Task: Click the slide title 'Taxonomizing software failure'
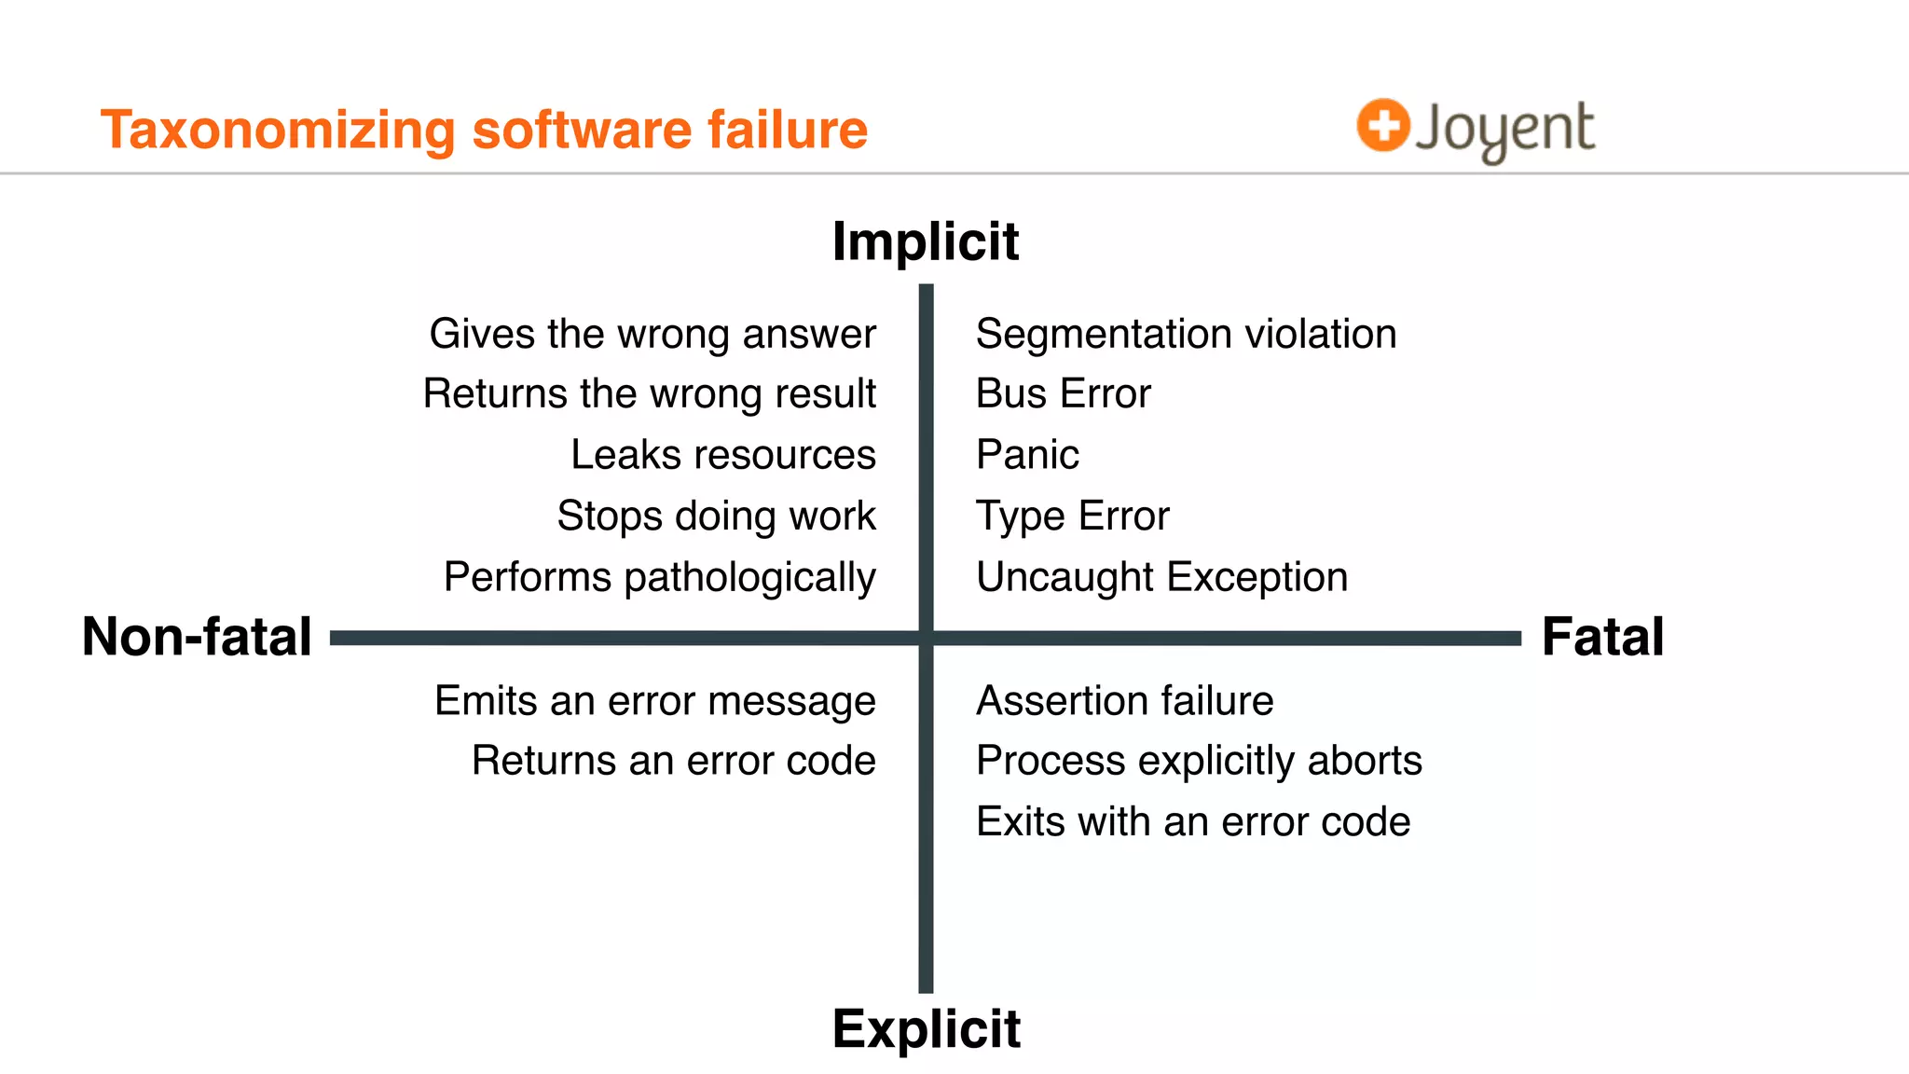click(x=484, y=130)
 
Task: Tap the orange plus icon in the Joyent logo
click(x=1382, y=125)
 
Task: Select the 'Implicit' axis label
click(x=926, y=242)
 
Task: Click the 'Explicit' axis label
click(x=927, y=1029)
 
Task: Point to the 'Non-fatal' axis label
click(x=197, y=637)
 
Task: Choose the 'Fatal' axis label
click(x=1602, y=637)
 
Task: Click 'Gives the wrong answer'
click(x=652, y=334)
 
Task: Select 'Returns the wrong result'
click(x=650, y=393)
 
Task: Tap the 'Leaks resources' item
click(x=723, y=455)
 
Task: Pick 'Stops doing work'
click(x=716, y=516)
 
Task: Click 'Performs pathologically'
click(x=660, y=577)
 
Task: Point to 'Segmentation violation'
click(x=1186, y=334)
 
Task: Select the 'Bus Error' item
click(x=1063, y=393)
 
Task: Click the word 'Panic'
click(x=1027, y=455)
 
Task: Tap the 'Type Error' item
click(x=1072, y=516)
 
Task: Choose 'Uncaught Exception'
click(x=1161, y=577)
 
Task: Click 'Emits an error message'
click(x=655, y=700)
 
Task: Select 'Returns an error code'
click(x=674, y=761)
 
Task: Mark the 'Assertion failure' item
click(x=1124, y=700)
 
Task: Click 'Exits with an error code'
click(x=1193, y=822)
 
